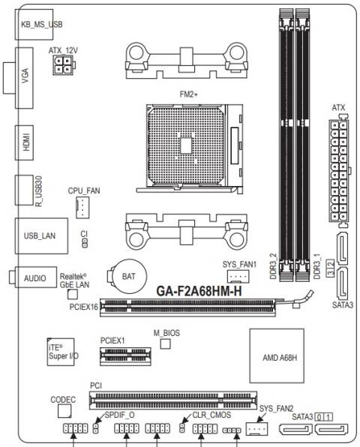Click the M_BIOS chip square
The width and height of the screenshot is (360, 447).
coord(166,343)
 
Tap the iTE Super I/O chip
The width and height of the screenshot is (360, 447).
coord(61,353)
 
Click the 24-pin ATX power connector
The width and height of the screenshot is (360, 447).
coord(340,169)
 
